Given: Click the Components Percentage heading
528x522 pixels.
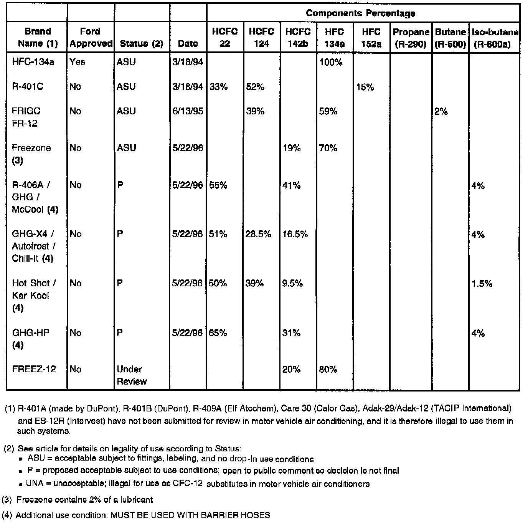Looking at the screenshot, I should pyautogui.click(x=360, y=13).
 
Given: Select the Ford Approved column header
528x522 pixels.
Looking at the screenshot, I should pyautogui.click(x=91, y=37).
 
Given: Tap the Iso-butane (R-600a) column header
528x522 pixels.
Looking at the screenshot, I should pyautogui.click(x=495, y=38).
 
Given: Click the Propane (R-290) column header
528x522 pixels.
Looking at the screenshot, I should pyautogui.click(x=411, y=38).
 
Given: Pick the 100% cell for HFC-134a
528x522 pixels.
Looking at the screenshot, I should pyautogui.click(x=330, y=63).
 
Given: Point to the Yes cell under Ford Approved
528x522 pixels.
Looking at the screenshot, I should pyautogui.click(x=78, y=62).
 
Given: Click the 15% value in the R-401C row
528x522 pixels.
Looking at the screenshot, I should pyautogui.click(x=365, y=87).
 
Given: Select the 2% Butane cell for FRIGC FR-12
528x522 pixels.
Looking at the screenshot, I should pyautogui.click(x=441, y=112).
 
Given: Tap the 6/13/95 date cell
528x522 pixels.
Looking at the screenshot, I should pyautogui.click(x=188, y=111).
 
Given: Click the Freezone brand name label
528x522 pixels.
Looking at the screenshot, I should pyautogui.click(x=31, y=148).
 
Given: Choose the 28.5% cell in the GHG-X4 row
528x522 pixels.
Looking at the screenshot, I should pyautogui.click(x=258, y=234).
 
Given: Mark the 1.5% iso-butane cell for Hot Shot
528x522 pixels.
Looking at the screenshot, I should pyautogui.click(x=482, y=284).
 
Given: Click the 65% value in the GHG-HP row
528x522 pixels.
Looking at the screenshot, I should pyautogui.click(x=218, y=333).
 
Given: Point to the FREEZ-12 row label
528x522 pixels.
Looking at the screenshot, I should pyautogui.click(x=34, y=369).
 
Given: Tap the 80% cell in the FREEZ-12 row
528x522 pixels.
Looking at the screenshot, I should pyautogui.click(x=328, y=370).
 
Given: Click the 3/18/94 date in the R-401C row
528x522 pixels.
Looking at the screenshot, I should pyautogui.click(x=188, y=87).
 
